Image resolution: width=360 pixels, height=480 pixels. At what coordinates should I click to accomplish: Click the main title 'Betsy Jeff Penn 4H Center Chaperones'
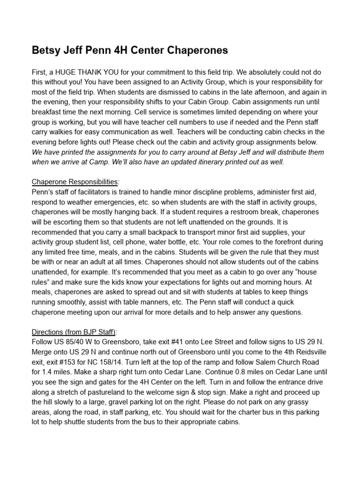(130, 51)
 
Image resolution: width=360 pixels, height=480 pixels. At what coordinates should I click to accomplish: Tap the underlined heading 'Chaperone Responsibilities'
(75, 181)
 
